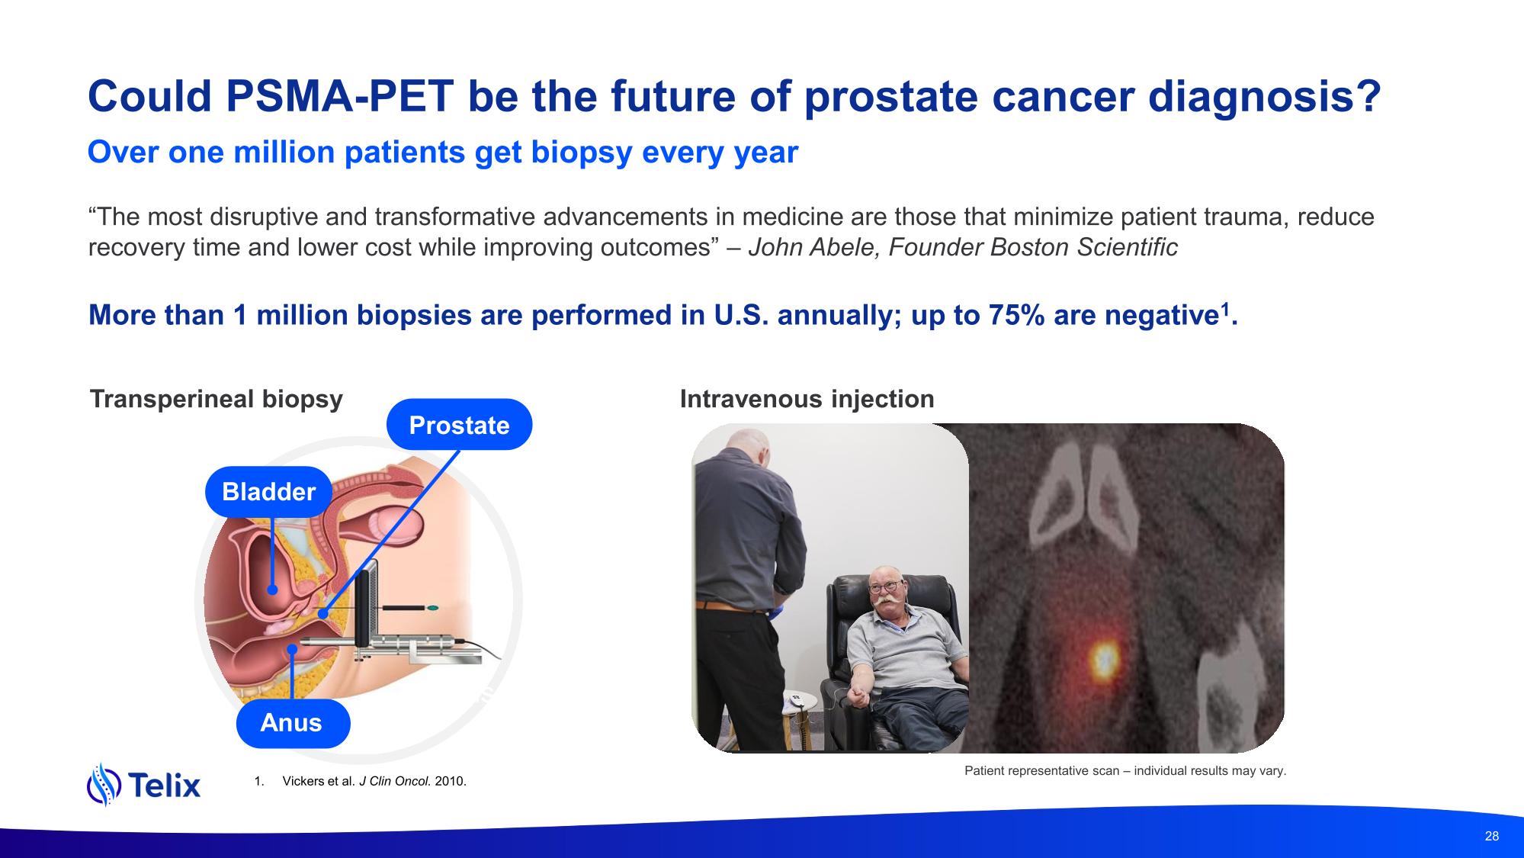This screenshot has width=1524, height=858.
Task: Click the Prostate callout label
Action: point(459,425)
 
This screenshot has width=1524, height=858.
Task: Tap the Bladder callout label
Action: point(268,492)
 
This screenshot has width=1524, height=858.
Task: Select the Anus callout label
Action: point(292,723)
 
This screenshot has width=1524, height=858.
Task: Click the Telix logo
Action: point(144,784)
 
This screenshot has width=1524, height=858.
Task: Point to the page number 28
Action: point(1492,836)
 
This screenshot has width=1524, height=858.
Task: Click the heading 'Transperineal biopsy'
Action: point(217,399)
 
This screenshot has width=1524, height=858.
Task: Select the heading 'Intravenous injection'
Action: point(807,399)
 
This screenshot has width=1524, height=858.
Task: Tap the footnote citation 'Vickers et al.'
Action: point(318,782)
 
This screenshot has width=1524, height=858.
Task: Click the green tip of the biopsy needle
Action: point(433,608)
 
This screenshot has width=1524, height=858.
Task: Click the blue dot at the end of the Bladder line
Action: point(272,590)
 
